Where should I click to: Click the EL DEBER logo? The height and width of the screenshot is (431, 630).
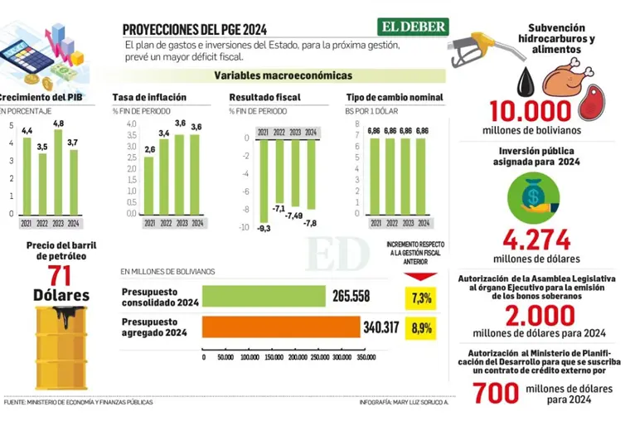[414, 27]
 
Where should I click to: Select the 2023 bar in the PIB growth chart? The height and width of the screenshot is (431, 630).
[58, 171]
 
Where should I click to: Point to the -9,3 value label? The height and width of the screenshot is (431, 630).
[263, 228]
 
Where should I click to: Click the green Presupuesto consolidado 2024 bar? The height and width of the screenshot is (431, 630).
[264, 297]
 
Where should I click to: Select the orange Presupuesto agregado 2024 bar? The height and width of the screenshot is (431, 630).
[281, 328]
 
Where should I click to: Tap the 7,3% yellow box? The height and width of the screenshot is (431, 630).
[419, 297]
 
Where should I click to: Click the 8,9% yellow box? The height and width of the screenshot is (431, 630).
[419, 328]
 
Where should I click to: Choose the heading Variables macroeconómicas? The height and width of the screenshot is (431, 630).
[271, 75]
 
